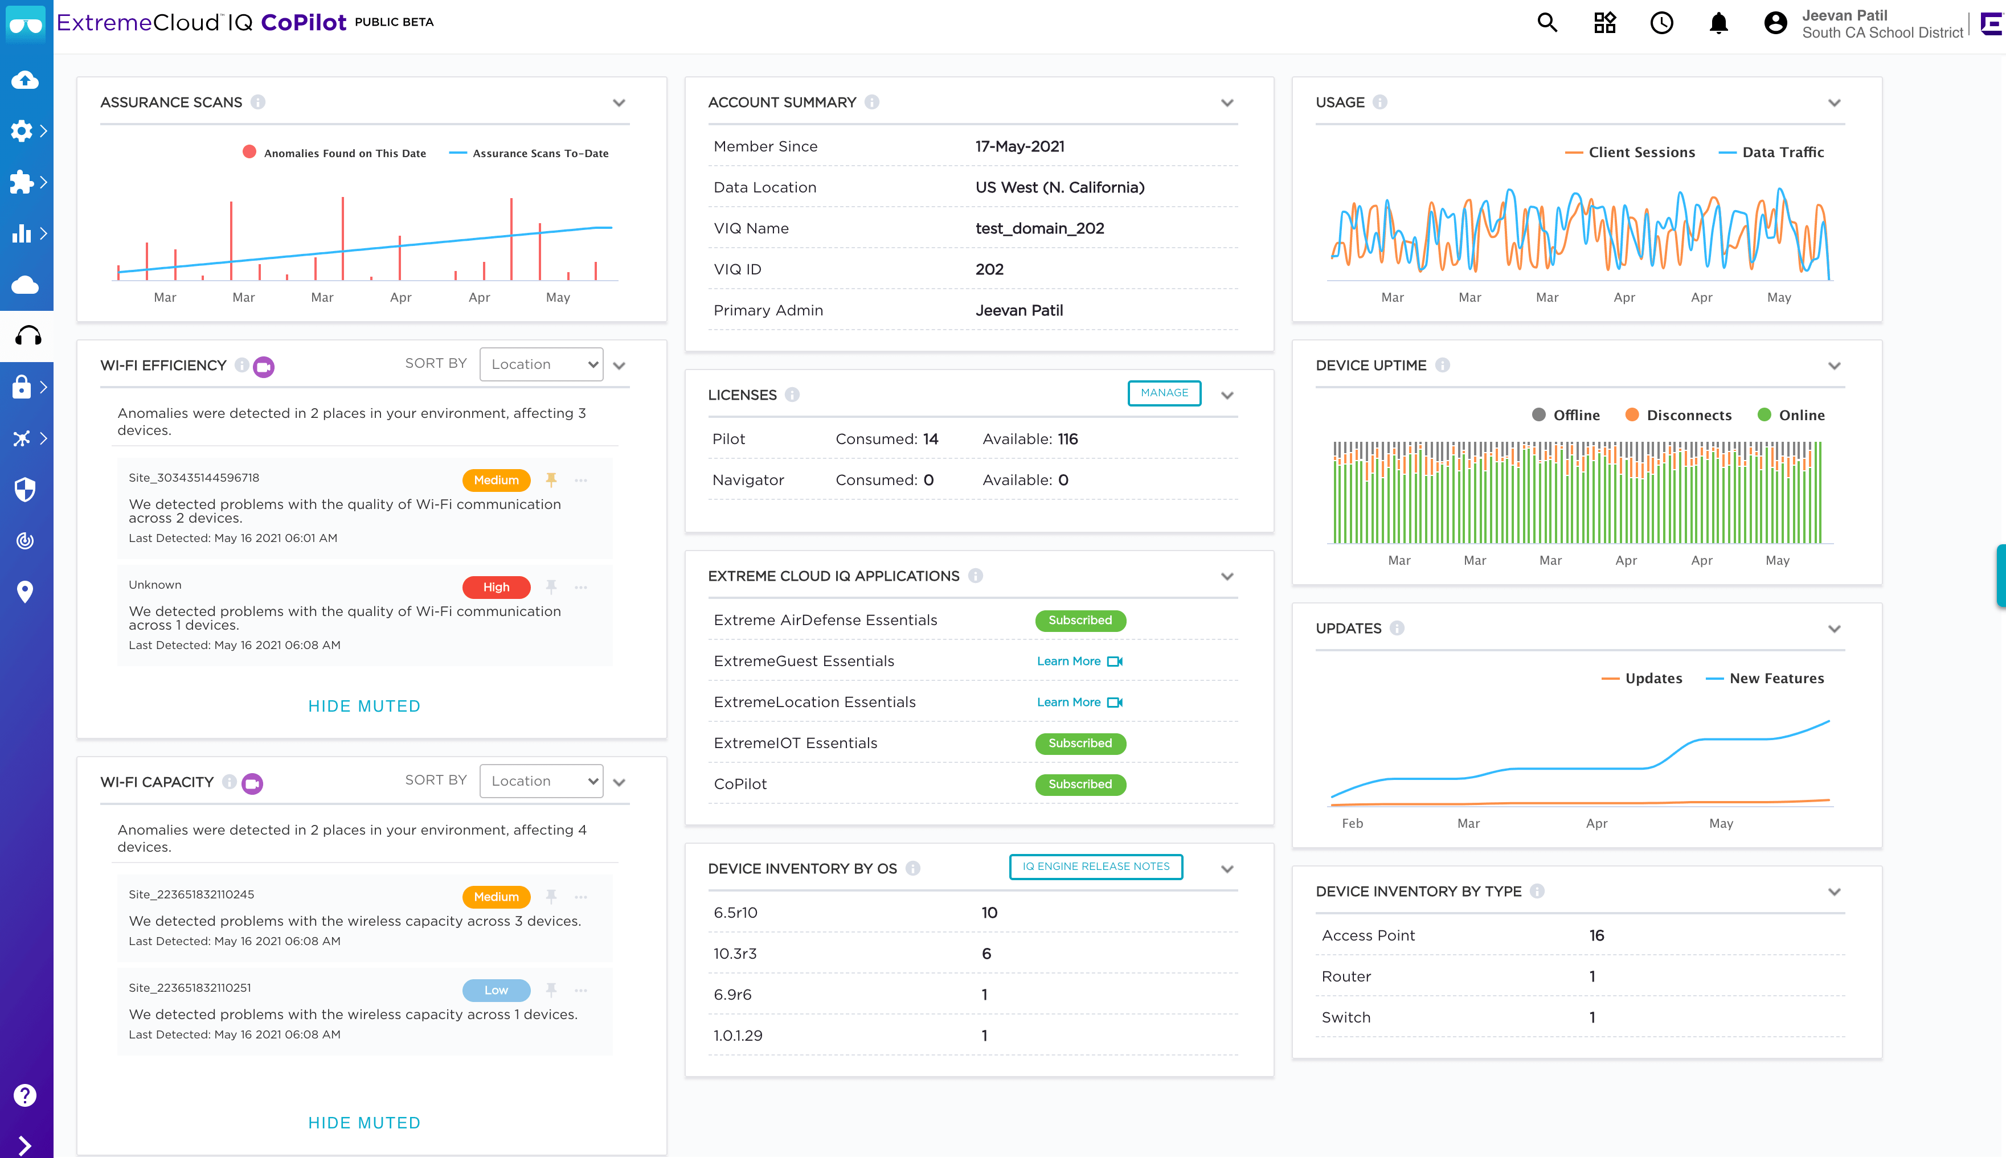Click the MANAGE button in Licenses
pos(1164,393)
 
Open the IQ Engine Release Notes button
pos(1095,866)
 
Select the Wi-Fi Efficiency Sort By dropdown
pos(542,364)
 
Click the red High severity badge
pos(496,587)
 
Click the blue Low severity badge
pos(496,990)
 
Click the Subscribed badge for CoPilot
pos(1079,784)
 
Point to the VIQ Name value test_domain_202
pos(1039,228)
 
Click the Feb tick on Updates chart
pos(1352,823)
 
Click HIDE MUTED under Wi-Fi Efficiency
pos(365,707)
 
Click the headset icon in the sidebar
pos(27,336)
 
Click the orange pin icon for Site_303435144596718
pos(550,479)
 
